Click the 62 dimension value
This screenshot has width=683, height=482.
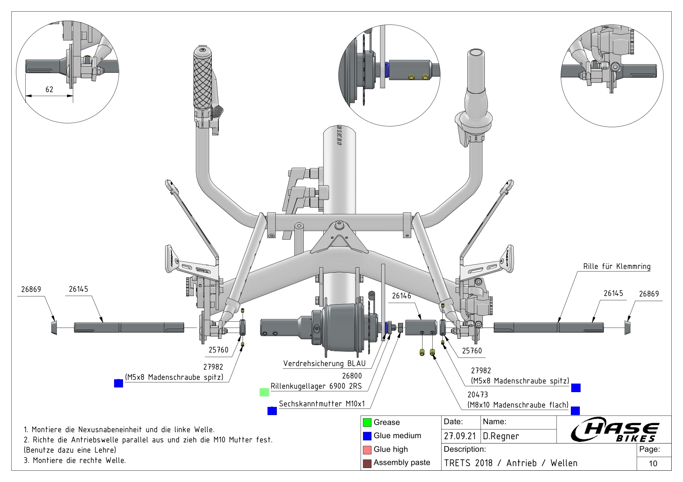[x=49, y=89]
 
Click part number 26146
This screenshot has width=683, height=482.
[x=401, y=296]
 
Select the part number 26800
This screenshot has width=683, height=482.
[x=352, y=376]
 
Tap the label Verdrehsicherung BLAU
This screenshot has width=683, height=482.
[x=324, y=364]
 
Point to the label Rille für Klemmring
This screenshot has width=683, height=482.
[x=616, y=266]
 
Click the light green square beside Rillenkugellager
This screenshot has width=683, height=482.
[x=264, y=392]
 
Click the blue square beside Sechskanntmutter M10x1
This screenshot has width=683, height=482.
[x=272, y=411]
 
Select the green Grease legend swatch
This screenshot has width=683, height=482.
[x=367, y=422]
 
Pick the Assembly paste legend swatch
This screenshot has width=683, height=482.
[x=367, y=463]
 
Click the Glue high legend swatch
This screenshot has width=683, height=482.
[x=367, y=450]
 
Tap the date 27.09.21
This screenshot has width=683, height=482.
[x=460, y=436]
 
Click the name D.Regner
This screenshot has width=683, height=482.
[x=501, y=436]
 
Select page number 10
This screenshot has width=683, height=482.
[x=653, y=463]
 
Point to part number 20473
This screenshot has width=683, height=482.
[x=477, y=394]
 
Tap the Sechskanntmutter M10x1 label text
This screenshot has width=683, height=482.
[x=322, y=404]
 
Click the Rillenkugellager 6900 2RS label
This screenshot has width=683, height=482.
[x=316, y=386]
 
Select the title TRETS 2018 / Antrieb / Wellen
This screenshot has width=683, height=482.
[x=510, y=463]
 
